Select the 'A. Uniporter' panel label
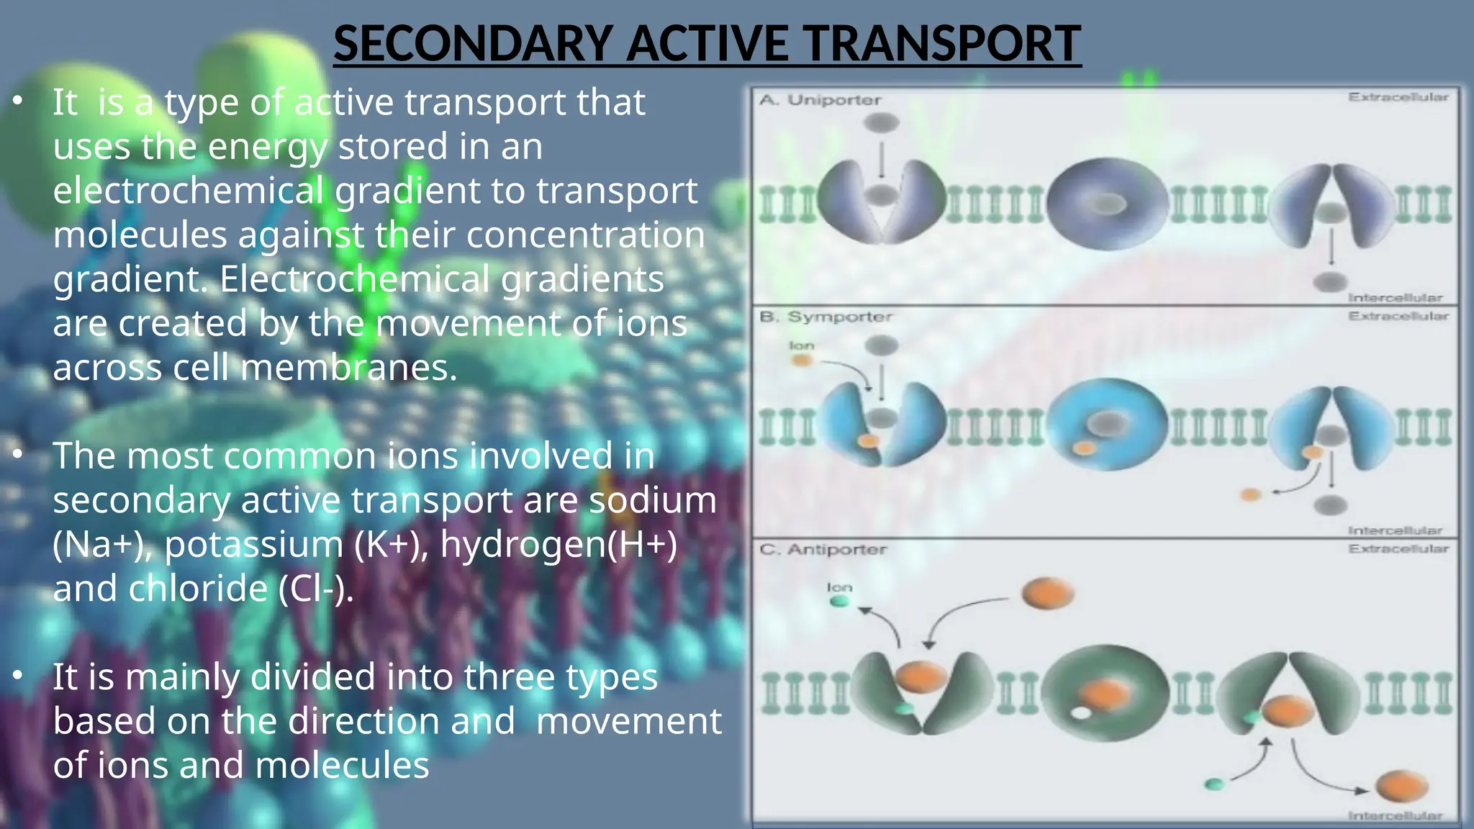(x=820, y=100)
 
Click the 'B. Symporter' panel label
(x=826, y=317)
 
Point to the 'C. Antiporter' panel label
(x=823, y=550)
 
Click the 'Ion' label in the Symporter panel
(x=801, y=345)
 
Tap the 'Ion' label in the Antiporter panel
(x=839, y=587)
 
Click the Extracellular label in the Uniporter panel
(x=1398, y=97)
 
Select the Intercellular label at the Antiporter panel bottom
(x=1395, y=815)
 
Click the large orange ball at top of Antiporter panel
(x=1047, y=594)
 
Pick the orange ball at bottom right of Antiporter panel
(x=1401, y=787)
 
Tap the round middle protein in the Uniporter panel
(x=1106, y=204)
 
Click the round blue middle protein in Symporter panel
(x=1106, y=425)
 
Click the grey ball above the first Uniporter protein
(x=881, y=122)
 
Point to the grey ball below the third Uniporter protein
(x=1330, y=282)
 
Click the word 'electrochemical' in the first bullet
(x=189, y=191)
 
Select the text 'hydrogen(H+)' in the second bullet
(x=559, y=544)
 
